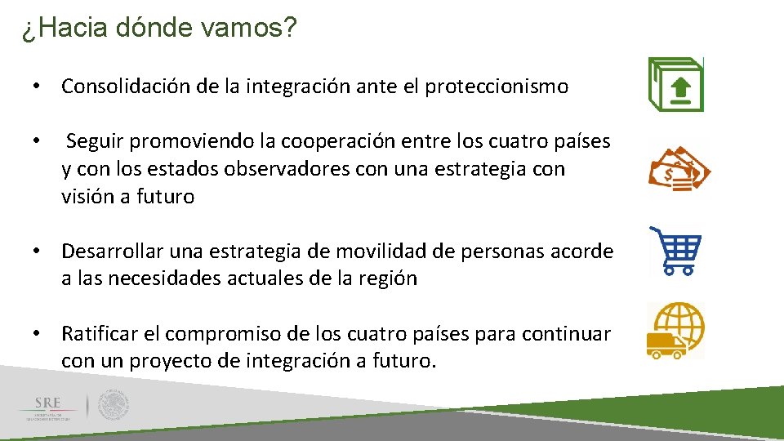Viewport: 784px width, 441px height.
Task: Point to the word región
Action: coord(388,278)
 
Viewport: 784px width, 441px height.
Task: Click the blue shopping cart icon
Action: coord(677,251)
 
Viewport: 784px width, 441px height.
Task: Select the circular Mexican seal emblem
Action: coord(113,404)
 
